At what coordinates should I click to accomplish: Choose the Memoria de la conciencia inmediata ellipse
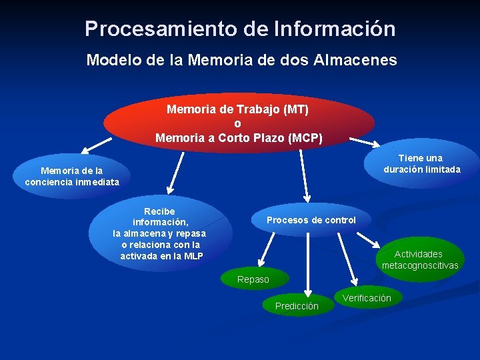[x=72, y=176]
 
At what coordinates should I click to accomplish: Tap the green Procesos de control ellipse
[x=311, y=220]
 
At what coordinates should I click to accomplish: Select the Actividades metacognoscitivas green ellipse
[x=420, y=259]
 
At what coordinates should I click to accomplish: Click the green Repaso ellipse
[x=253, y=279]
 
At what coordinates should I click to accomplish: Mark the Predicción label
[x=297, y=306]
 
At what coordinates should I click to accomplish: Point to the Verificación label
[x=367, y=298]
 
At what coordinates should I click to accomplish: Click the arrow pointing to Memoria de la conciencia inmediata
[x=96, y=143]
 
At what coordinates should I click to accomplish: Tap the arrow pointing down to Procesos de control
[x=305, y=175]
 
